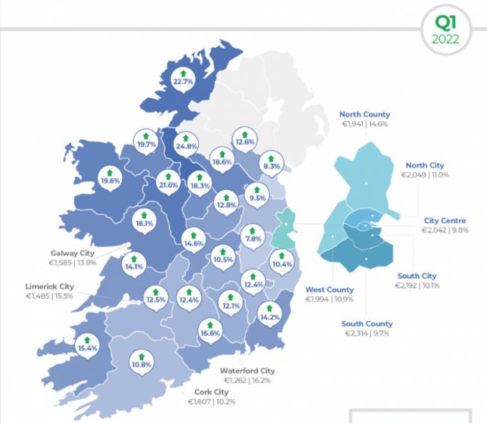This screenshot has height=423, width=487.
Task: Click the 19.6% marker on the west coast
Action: coord(110,177)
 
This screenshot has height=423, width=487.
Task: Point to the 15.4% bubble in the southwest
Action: coord(88,344)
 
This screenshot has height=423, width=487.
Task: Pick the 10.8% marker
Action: coord(142,361)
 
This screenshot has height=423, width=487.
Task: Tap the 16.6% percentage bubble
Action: coord(211,329)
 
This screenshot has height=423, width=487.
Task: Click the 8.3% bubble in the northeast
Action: coord(271,162)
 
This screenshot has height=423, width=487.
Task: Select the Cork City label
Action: coord(212,392)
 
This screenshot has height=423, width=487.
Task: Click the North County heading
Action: coord(365,115)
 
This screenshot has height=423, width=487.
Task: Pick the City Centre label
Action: coord(444,221)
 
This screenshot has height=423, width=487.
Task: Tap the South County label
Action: coord(367,324)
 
